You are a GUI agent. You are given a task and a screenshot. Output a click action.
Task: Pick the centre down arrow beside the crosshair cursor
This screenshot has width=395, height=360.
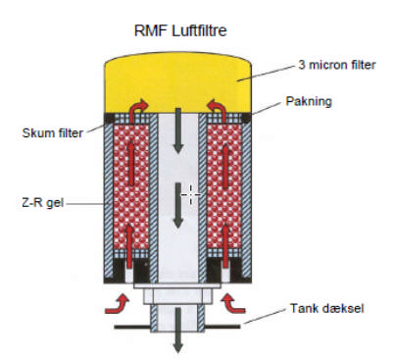coord(179,202)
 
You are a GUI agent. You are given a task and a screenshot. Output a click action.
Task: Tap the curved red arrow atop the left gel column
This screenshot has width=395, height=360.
coord(137,107)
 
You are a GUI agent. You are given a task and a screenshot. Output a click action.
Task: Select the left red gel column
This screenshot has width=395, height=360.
coord(134,191)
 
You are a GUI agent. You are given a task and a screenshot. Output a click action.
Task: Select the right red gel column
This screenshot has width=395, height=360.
coord(224,191)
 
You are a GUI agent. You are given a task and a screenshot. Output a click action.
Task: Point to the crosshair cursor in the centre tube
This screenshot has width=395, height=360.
coord(192,194)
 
